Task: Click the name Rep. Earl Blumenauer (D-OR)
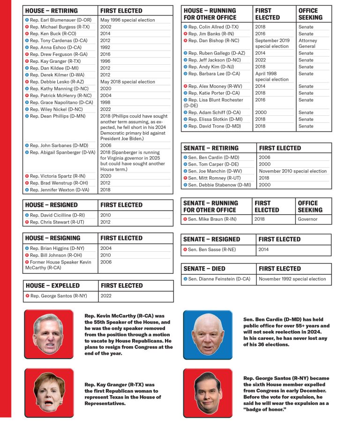click(60, 20)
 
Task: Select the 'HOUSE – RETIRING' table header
click(52, 10)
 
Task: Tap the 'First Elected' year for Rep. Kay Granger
click(105, 61)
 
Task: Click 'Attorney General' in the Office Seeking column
click(307, 44)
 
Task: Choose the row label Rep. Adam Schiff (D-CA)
click(214, 113)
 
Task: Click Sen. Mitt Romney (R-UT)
click(215, 178)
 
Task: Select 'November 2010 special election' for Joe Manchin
click(292, 171)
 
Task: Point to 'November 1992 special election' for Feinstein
click(292, 279)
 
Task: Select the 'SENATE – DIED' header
click(204, 269)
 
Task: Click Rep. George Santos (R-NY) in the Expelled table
click(59, 296)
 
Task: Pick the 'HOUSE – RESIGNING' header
click(52, 238)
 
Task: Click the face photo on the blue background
click(207, 334)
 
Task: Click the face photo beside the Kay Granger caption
click(48, 392)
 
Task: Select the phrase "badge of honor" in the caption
click(264, 410)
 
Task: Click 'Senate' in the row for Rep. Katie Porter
click(306, 93)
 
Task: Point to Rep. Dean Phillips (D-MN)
click(57, 116)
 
